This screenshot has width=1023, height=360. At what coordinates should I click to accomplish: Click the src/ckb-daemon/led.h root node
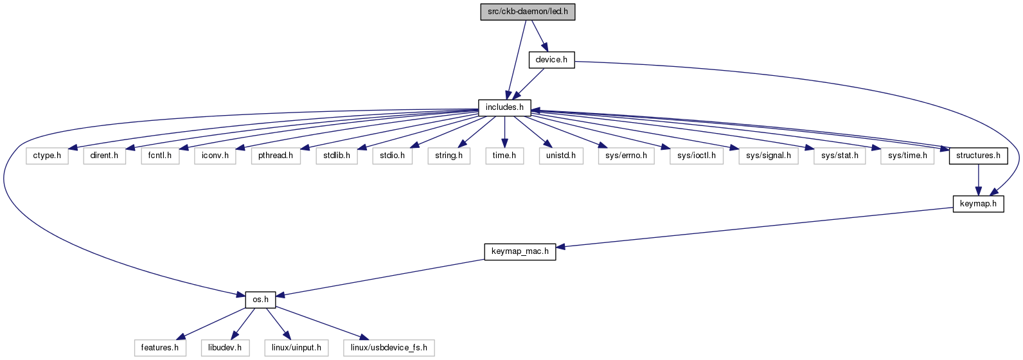(x=528, y=12)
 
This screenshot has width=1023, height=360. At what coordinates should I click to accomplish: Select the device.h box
(x=552, y=60)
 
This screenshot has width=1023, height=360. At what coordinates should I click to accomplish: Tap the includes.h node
(x=504, y=108)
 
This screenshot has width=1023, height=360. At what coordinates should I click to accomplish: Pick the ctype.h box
(x=47, y=156)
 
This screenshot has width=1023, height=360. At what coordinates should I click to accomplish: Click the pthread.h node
(x=276, y=156)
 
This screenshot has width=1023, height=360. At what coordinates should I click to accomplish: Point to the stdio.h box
(x=393, y=156)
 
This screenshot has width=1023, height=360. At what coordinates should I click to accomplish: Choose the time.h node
(x=504, y=156)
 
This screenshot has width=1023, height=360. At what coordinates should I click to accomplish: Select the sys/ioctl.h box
(x=697, y=156)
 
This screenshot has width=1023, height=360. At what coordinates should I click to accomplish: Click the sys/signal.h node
(x=769, y=156)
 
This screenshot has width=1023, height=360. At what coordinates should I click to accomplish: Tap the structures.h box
(x=978, y=156)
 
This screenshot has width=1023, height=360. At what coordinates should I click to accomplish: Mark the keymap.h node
(x=978, y=204)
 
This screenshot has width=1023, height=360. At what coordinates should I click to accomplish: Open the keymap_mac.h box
(x=520, y=252)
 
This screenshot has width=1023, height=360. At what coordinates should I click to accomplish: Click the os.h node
(x=260, y=300)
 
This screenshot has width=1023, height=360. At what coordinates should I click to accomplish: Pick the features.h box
(x=160, y=348)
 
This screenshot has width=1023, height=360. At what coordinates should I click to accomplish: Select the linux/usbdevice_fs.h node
(x=389, y=348)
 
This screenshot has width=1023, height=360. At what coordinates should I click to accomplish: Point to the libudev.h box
(x=225, y=348)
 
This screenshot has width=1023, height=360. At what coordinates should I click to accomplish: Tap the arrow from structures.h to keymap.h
(x=978, y=180)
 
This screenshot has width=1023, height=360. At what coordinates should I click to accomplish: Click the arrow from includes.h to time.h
(x=504, y=132)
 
